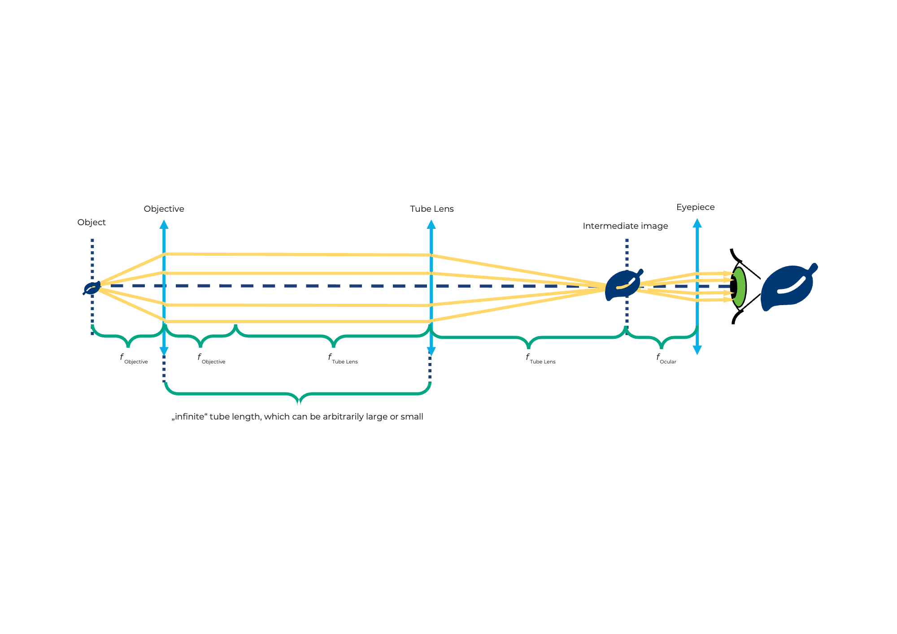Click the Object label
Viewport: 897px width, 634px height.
[91, 223]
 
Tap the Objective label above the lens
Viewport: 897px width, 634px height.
[164, 209]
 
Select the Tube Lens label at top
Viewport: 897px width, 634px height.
[431, 209]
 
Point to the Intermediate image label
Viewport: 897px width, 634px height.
[625, 226]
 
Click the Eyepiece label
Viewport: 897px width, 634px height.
[695, 207]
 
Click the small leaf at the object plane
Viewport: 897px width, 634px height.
[92, 288]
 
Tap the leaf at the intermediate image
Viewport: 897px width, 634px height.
[623, 285]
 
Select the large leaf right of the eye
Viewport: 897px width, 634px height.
[788, 287]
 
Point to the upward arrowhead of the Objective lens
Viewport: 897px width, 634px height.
[164, 224]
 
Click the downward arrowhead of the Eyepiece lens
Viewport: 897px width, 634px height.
[697, 350]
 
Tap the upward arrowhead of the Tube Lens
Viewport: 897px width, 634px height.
[431, 224]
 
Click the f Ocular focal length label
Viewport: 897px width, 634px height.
[666, 359]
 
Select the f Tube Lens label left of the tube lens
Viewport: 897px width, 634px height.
[343, 359]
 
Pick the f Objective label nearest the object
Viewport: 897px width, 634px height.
[134, 359]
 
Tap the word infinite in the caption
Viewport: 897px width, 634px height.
[189, 417]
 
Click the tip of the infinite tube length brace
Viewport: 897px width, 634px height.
[299, 402]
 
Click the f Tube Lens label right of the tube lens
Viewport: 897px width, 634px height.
[540, 359]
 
